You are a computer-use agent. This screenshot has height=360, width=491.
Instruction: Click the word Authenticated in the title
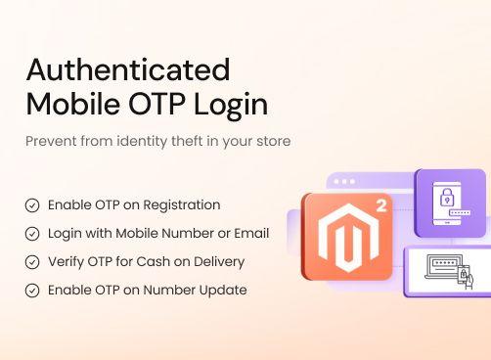(127, 69)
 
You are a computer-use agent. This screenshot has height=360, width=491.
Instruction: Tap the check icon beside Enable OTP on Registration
(32, 205)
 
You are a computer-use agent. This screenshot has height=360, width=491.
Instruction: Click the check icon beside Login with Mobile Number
(32, 234)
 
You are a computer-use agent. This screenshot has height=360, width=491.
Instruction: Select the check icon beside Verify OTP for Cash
(32, 262)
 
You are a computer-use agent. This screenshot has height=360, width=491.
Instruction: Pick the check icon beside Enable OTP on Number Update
(32, 291)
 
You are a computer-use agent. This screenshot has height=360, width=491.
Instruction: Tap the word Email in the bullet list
(250, 234)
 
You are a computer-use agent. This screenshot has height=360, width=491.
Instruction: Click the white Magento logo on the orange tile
(338, 243)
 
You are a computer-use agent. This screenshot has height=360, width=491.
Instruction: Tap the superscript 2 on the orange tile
(379, 206)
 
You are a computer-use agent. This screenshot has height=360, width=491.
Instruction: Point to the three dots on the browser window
(343, 182)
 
